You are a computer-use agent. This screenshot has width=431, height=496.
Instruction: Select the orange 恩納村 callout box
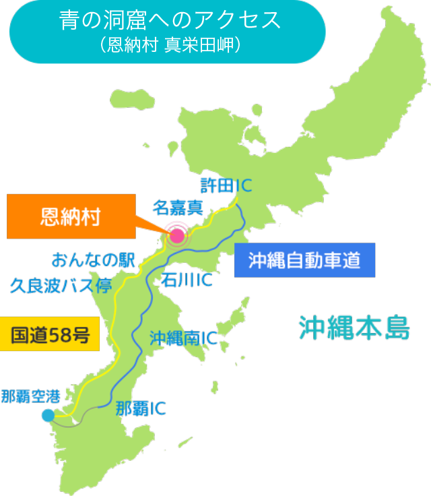pos(71,218)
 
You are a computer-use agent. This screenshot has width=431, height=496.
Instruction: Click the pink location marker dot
pos(176,235)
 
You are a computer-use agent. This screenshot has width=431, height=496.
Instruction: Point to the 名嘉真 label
pos(178,207)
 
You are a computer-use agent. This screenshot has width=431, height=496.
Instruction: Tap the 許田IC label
pos(226,184)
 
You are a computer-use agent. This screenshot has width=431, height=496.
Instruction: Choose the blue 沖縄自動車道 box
pos(304,260)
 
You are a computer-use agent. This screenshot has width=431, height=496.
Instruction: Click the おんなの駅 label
pos(94,260)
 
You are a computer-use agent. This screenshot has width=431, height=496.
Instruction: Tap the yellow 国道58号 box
pos(51,334)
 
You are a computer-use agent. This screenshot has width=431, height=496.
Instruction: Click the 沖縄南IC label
pos(183,338)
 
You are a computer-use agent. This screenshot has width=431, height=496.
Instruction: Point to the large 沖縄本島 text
pos(354,328)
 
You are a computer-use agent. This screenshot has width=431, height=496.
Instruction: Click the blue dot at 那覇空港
pos(48,415)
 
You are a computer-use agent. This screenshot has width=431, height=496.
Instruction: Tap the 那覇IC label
pos(141,408)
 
